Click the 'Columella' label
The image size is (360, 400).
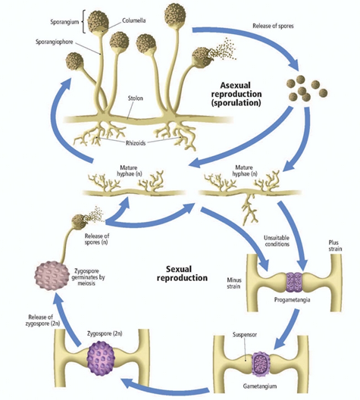[133, 20]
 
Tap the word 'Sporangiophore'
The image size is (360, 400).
[55, 42]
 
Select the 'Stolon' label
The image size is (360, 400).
[135, 98]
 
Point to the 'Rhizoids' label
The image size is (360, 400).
[136, 143]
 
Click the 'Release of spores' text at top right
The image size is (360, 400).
[273, 26]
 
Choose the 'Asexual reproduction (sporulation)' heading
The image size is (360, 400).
[236, 94]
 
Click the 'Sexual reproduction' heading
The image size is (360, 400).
[182, 273]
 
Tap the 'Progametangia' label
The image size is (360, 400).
[292, 299]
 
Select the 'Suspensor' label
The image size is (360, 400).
[245, 334]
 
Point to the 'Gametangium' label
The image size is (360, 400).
[260, 386]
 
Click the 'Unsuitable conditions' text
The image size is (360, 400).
[277, 241]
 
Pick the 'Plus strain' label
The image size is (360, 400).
[335, 245]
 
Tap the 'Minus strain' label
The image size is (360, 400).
[234, 283]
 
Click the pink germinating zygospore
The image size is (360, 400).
[52, 276]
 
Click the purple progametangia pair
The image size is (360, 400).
[294, 282]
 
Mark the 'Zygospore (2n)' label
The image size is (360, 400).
[105, 333]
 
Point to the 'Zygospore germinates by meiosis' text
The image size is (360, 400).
[88, 277]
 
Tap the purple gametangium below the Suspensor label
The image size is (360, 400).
[261, 364]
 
